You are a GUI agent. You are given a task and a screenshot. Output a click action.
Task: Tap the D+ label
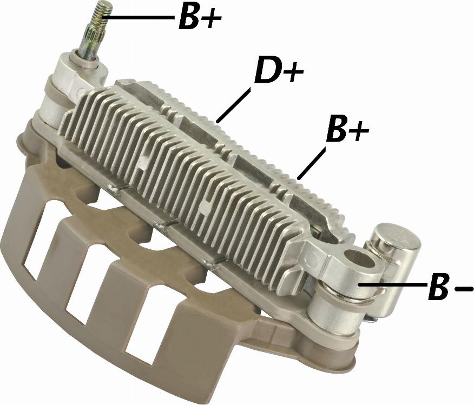(x=279, y=71)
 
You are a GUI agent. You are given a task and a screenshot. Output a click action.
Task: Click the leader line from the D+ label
(x=234, y=105)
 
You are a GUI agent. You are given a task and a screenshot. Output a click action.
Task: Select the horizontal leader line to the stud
(x=139, y=17)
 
